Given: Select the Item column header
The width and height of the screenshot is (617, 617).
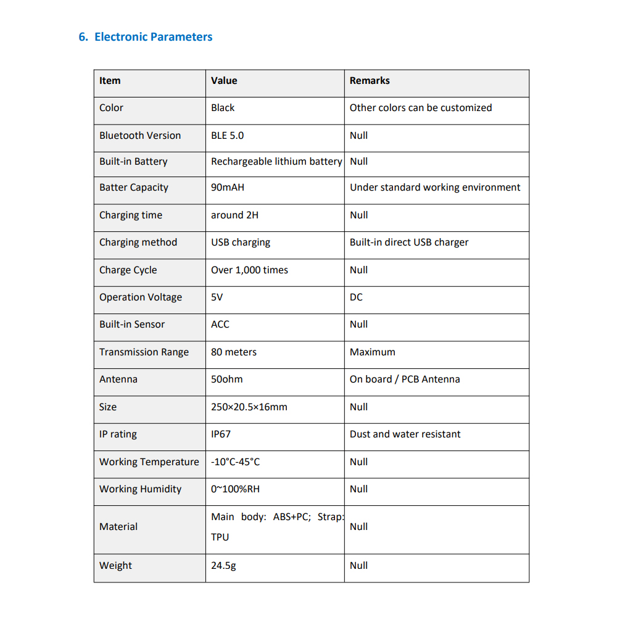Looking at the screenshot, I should coord(110,81).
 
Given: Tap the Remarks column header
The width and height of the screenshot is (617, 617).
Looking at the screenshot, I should coord(370,81).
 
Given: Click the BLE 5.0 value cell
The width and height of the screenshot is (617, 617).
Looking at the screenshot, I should coord(227,136).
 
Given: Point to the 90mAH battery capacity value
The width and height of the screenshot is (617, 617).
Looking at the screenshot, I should coord(227,188).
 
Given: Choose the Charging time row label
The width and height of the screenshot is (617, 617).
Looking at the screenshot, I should coord(131,215).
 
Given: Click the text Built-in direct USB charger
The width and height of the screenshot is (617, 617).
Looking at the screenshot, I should coord(409,242).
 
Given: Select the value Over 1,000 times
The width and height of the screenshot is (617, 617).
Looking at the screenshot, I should coord(249,270).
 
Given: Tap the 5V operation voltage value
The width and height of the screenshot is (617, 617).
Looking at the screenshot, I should coord(217,297).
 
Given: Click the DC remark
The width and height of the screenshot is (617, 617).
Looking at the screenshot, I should coord(356,297).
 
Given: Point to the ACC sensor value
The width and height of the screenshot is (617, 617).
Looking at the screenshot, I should coord(220,325).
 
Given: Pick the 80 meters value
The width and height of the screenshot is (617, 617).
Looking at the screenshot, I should coord(233,352).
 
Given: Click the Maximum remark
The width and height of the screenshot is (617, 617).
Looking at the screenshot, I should coord(372,352).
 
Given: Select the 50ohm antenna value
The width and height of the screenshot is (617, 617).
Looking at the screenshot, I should coord(226,379).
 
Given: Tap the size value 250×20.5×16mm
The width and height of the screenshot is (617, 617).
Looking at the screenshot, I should coord(249,407).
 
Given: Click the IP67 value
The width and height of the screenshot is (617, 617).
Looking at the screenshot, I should coord(221,434).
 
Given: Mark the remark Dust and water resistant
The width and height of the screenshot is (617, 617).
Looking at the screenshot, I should coord(405,434).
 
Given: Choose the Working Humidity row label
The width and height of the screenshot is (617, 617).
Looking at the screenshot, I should coord(140,489).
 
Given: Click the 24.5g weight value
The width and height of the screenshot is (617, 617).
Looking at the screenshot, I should coord(223,566).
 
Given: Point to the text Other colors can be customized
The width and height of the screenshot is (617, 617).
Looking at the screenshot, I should coord(421,108).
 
